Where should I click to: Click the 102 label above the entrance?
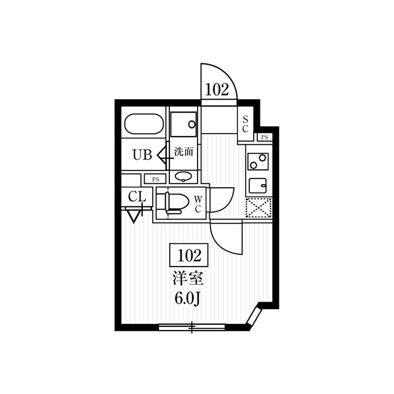[x=217, y=89]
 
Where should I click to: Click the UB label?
[x=142, y=155]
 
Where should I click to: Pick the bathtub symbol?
[x=143, y=125]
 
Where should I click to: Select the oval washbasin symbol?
[x=183, y=177]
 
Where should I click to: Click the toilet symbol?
[x=174, y=202]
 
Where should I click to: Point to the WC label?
[x=199, y=204]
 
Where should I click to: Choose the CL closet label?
[x=137, y=197]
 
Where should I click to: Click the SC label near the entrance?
[x=245, y=124]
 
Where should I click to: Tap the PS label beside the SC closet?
[x=265, y=137]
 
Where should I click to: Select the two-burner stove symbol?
[x=256, y=161]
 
